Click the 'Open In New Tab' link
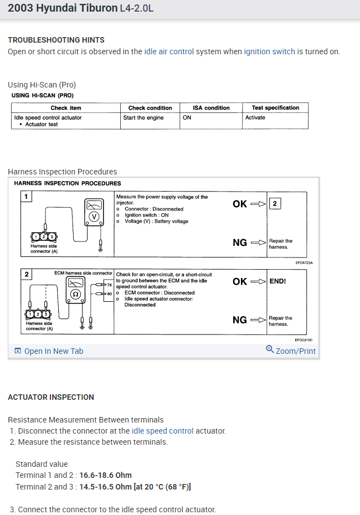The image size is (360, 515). [54, 351]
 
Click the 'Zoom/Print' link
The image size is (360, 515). [295, 351]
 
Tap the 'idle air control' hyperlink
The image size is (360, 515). [169, 51]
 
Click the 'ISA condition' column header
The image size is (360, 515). [211, 108]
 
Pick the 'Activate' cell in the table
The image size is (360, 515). [255, 117]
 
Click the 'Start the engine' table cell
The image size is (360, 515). [143, 117]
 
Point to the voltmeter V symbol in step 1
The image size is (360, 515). [95, 217]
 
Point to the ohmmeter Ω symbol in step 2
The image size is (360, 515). [76, 293]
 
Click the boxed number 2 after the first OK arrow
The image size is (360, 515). [275, 204]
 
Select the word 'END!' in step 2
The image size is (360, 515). [277, 281]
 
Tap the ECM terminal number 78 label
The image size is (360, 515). [110, 285]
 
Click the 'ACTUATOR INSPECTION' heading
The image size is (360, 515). [51, 397]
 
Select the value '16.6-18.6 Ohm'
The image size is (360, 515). [105, 475]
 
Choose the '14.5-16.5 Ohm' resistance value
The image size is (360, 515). [105, 487]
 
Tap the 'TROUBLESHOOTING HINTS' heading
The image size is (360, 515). [56, 40]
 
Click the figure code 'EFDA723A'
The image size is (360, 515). [304, 263]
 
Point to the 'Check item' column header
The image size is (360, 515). [66, 108]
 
